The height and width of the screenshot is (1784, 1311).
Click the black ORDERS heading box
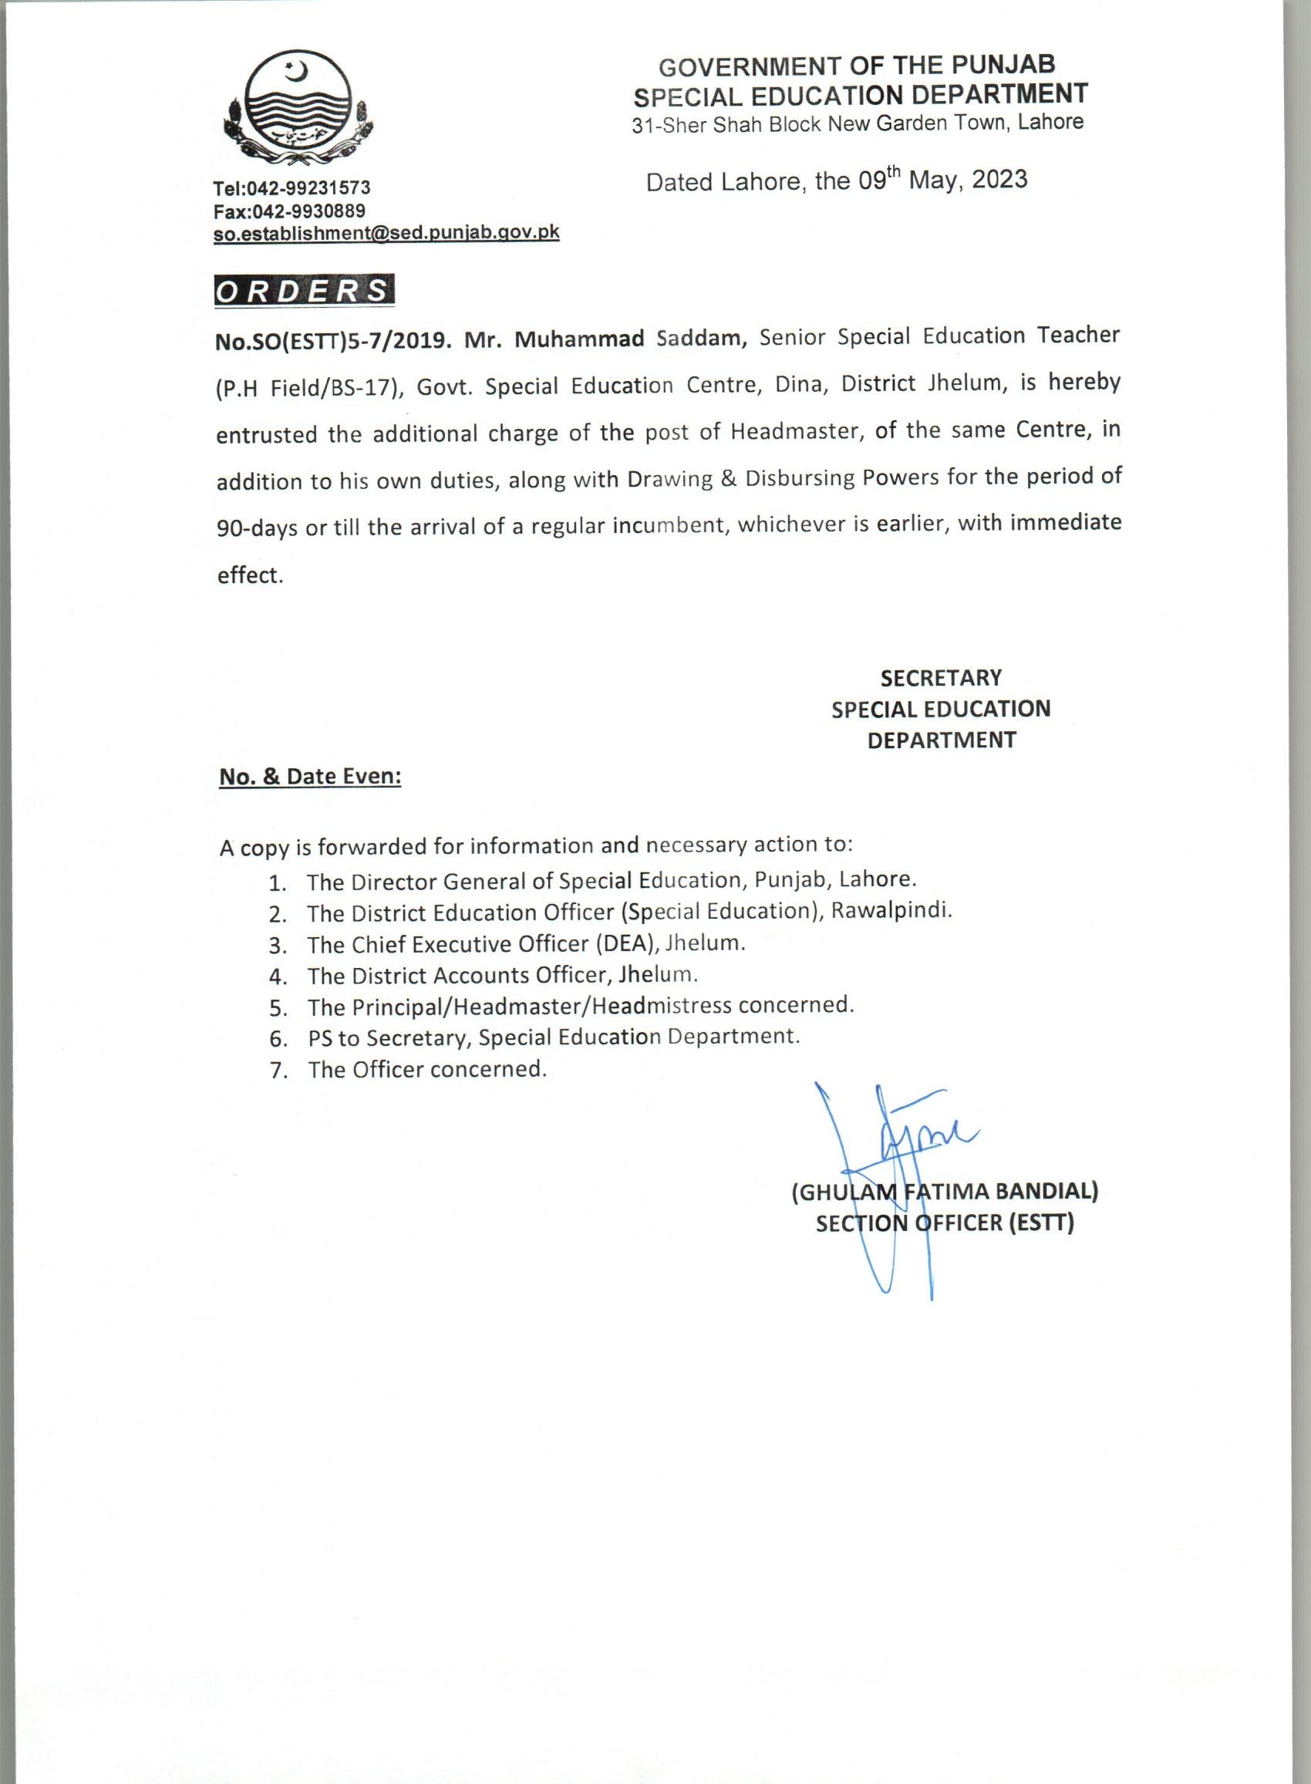tap(304, 291)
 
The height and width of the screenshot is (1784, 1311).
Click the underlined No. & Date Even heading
tap(310, 776)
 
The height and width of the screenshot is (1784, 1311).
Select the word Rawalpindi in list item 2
tap(891, 911)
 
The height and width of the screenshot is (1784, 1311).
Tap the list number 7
tap(277, 1071)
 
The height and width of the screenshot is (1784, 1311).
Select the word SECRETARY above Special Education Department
tap(940, 678)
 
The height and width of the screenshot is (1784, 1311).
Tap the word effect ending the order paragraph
tap(249, 575)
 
